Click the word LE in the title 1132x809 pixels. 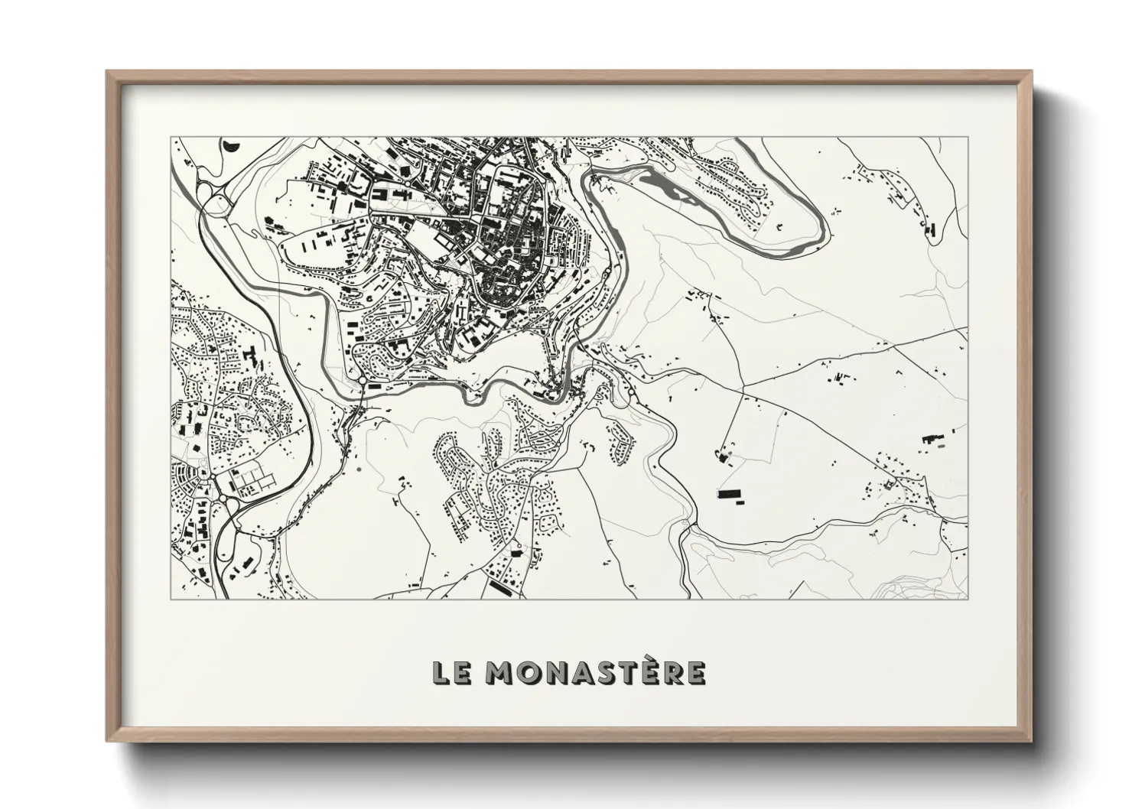[x=452, y=672]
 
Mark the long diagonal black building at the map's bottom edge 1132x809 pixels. [x=503, y=587]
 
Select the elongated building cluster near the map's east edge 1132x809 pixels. [x=932, y=440]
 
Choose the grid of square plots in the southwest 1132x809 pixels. [x=253, y=481]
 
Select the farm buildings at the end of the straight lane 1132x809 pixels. [x=724, y=456]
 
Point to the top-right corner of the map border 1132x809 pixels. [x=968, y=138]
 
